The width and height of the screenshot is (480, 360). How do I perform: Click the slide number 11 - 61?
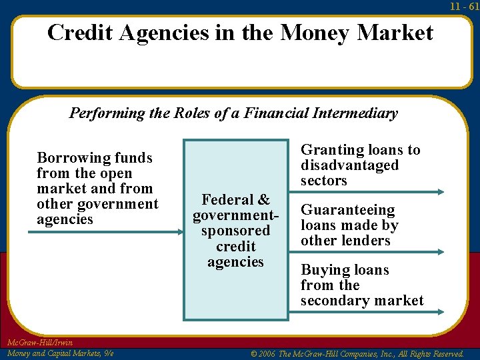465,6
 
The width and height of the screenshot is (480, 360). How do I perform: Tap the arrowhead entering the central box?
179,231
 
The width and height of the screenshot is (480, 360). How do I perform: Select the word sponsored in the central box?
235,231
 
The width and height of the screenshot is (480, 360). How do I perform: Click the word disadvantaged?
349,165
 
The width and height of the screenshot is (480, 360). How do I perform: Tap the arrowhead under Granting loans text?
439,192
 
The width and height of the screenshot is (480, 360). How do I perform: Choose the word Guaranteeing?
348,210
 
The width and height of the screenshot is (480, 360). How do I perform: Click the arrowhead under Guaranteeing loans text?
439,252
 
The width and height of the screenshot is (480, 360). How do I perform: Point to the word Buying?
326,270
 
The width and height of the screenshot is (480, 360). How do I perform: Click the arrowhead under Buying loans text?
439,311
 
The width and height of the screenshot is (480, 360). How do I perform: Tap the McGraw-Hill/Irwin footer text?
40,343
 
